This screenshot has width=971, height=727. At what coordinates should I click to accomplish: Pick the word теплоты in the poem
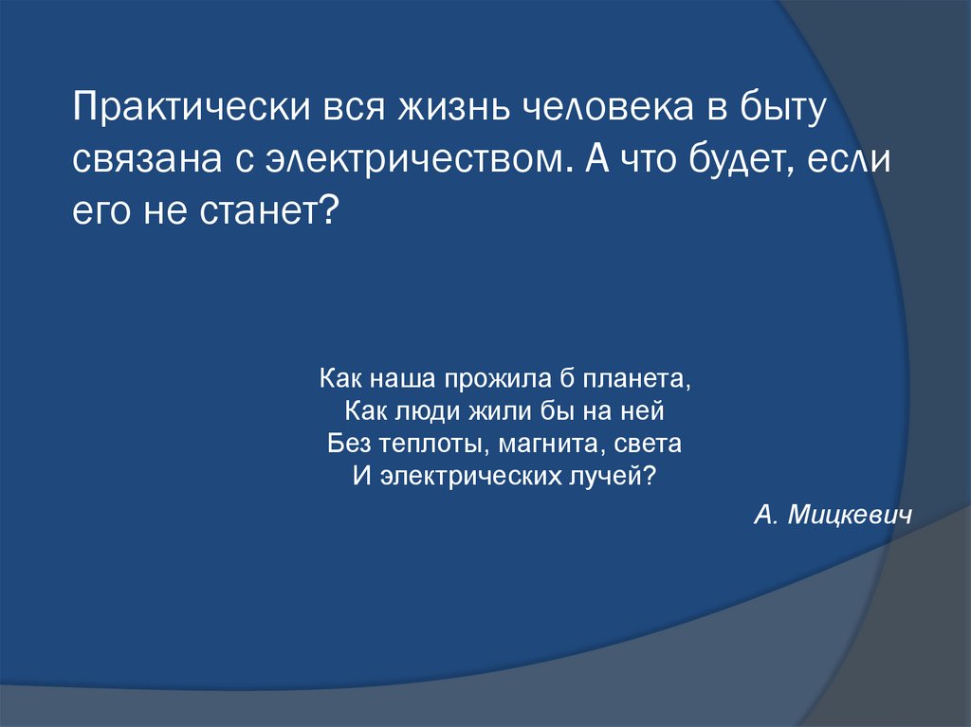pyautogui.click(x=425, y=443)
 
